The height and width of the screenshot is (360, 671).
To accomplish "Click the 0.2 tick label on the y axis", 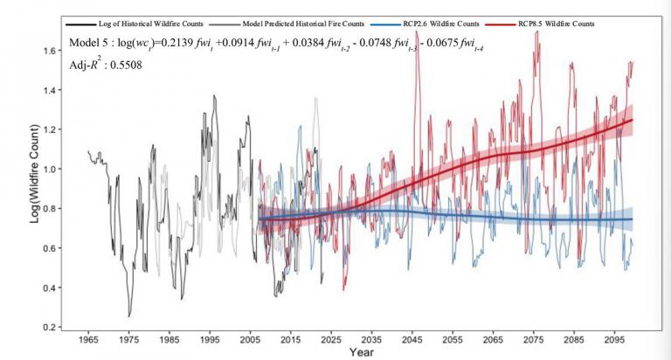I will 47,328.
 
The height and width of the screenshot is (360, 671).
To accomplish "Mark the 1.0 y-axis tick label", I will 47,170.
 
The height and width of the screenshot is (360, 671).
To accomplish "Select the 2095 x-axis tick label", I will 612,338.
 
